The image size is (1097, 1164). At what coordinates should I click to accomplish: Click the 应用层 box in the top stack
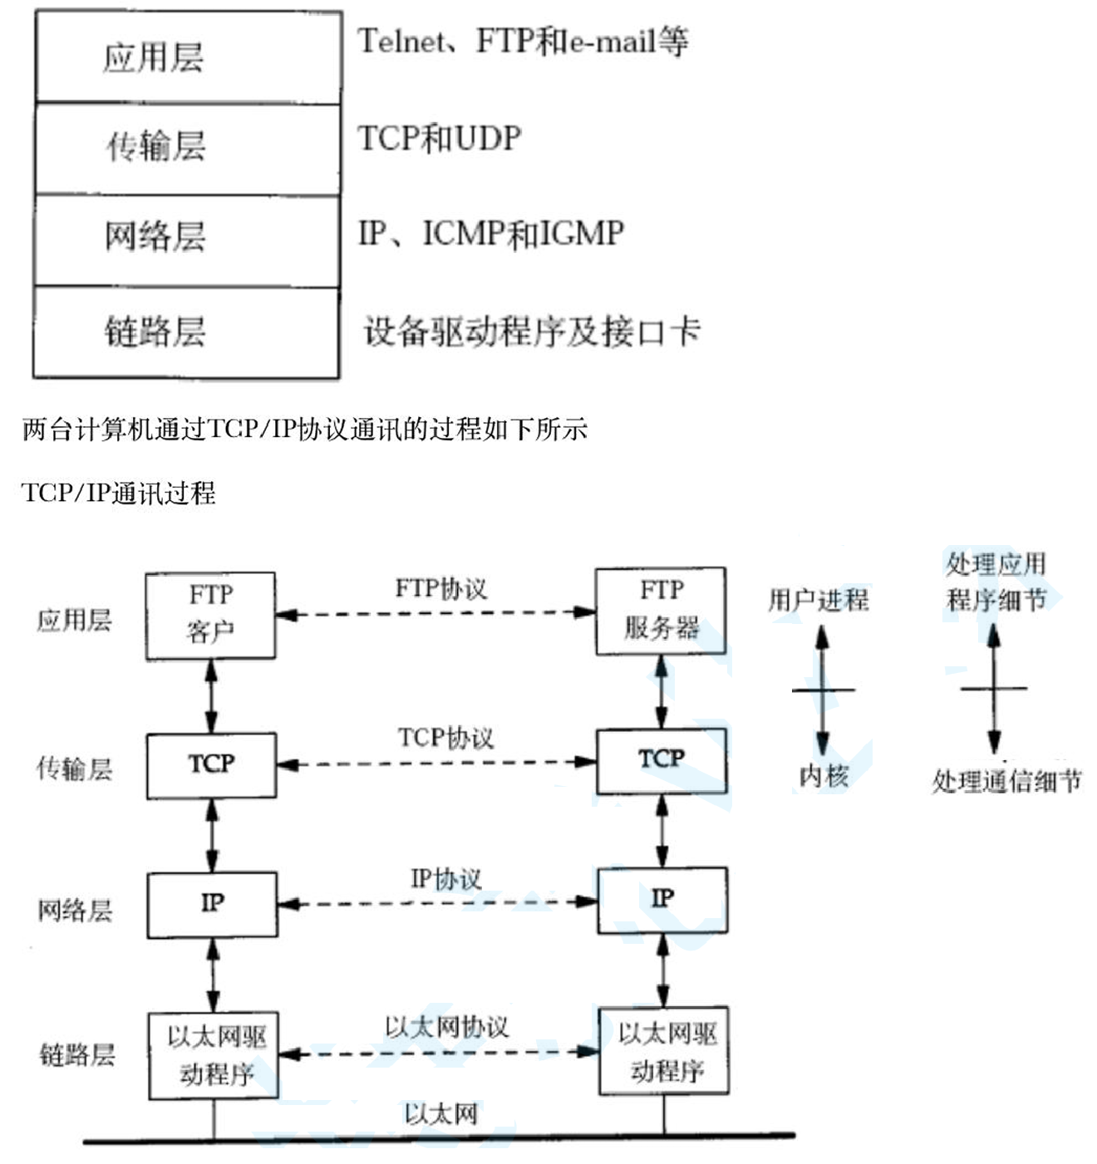tap(188, 57)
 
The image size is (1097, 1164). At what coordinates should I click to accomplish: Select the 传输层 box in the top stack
tap(188, 149)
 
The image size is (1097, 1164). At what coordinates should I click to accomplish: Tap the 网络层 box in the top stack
tap(188, 240)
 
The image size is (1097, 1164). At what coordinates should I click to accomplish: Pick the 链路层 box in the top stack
tap(188, 332)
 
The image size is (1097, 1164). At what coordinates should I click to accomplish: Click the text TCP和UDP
tap(440, 139)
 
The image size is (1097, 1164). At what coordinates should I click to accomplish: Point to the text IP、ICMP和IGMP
tap(490, 233)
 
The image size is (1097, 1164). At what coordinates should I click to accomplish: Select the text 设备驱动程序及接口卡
tap(532, 332)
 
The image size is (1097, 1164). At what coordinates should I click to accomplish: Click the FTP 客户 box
tap(210, 615)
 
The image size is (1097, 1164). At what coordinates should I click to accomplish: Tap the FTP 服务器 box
tap(661, 611)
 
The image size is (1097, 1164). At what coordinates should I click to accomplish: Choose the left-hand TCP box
tap(211, 765)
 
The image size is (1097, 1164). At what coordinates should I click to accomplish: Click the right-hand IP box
tap(662, 900)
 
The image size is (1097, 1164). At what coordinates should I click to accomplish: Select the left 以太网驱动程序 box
tap(214, 1055)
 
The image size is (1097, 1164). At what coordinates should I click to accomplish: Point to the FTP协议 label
tap(441, 589)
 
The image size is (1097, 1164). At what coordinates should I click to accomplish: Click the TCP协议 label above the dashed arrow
tap(445, 738)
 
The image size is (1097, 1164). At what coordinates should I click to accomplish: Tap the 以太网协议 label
tap(446, 1027)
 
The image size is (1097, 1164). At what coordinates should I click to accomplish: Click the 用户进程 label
tap(819, 600)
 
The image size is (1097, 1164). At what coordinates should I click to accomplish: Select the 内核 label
tap(823, 776)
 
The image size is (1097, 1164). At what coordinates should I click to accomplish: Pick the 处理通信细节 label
tap(1006, 781)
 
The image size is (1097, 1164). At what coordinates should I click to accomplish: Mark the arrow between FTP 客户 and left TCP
tap(211, 696)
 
